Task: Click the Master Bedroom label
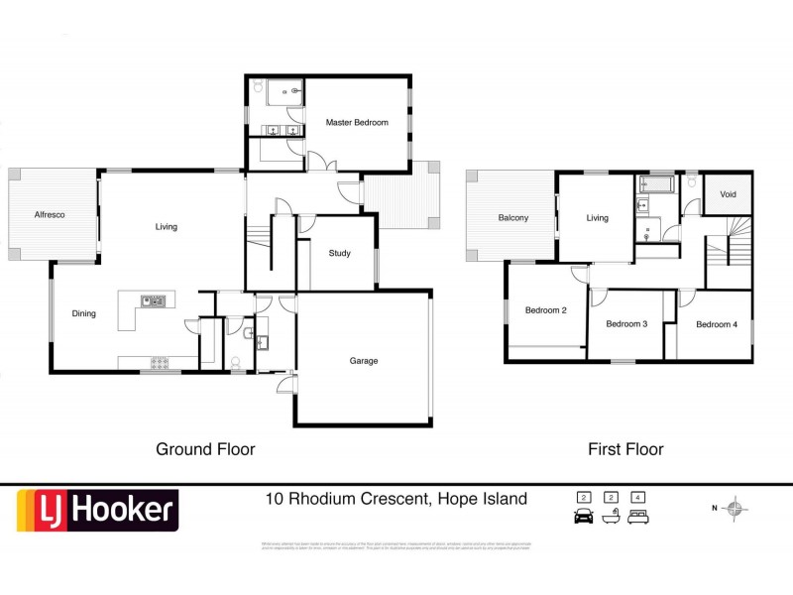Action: point(357,122)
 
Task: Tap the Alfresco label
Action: point(50,214)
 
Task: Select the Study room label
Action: point(340,254)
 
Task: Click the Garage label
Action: point(364,361)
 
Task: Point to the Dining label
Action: point(84,314)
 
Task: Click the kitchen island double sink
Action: point(152,300)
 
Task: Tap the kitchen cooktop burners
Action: point(159,362)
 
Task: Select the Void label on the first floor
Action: point(728,194)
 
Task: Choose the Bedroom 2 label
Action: point(546,310)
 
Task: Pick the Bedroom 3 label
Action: point(626,324)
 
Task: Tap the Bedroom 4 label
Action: point(716,324)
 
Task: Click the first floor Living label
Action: point(597,218)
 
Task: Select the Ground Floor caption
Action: point(205,449)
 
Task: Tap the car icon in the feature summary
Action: point(583,516)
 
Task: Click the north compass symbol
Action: point(735,510)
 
